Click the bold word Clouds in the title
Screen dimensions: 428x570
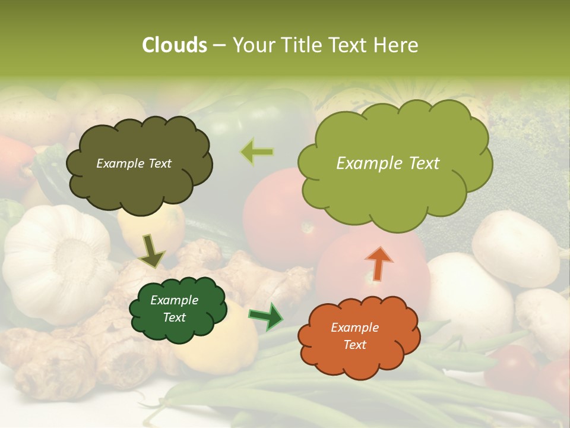click(175, 45)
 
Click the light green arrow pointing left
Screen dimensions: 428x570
click(257, 152)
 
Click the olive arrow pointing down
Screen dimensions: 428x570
click(151, 251)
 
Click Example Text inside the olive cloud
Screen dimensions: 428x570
click(134, 163)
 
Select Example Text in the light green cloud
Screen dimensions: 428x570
click(388, 163)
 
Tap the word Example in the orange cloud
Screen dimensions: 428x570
click(354, 328)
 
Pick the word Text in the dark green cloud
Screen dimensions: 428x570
click(175, 317)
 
